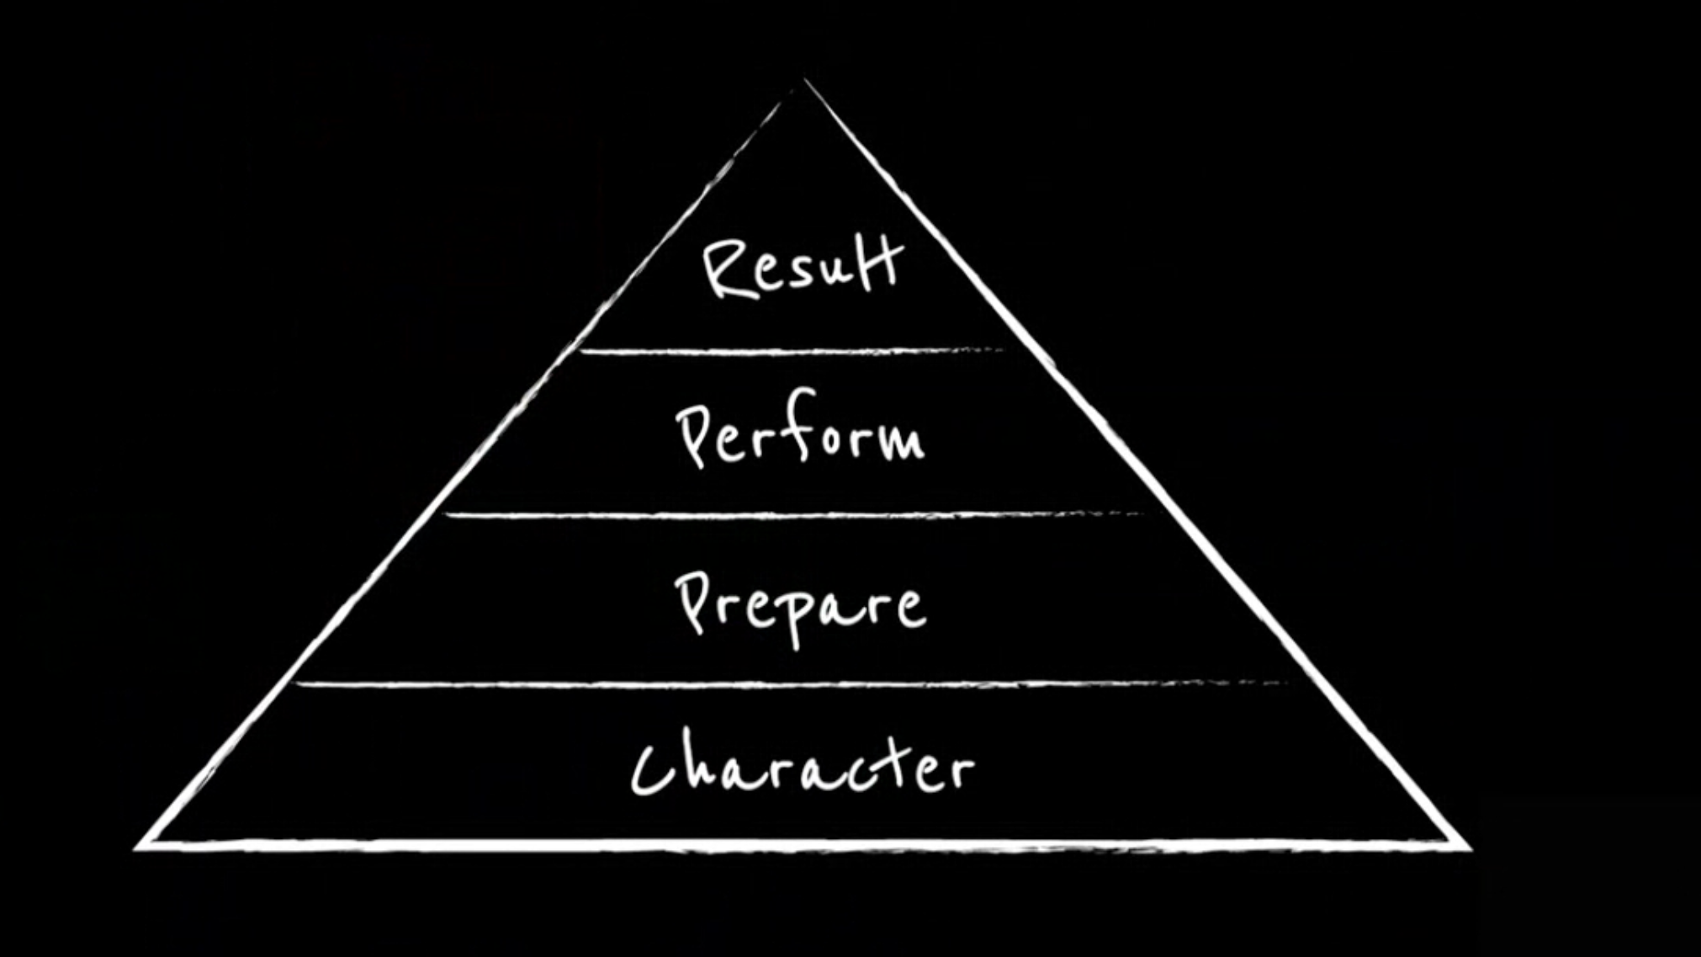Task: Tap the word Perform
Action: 800,429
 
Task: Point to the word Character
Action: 802,763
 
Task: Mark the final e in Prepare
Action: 910,607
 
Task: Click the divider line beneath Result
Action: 792,351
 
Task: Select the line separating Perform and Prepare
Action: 792,514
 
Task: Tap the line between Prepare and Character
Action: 792,684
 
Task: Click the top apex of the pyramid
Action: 804,80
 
